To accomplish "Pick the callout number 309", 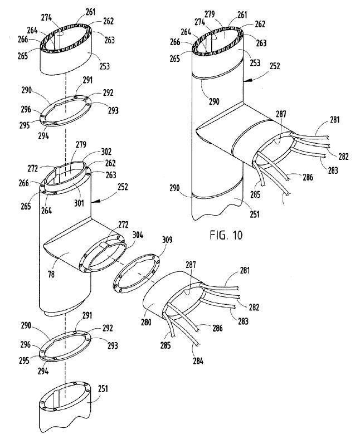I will (x=166, y=241).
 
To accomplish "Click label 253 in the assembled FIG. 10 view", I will (x=256, y=64).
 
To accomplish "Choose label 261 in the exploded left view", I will (x=90, y=11).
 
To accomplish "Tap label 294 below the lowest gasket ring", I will (x=43, y=371).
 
